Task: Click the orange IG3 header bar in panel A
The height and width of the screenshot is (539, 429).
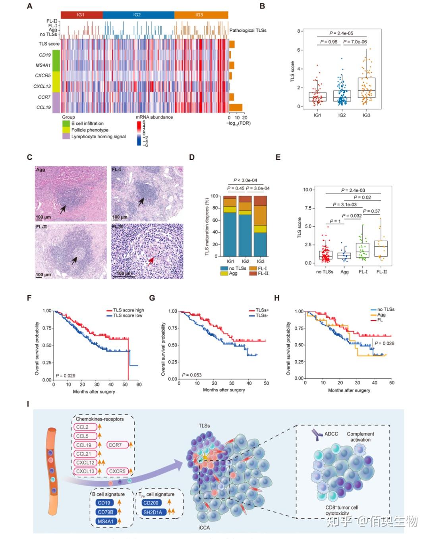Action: [x=201, y=15]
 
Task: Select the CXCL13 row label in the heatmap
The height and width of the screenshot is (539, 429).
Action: [x=42, y=86]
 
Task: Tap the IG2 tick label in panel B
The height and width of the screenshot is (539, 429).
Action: [x=342, y=115]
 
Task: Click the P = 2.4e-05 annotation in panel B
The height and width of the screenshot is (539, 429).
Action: [x=341, y=33]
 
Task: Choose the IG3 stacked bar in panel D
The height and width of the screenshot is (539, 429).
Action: [x=260, y=226]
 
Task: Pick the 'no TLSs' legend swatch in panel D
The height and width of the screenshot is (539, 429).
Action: [x=224, y=269]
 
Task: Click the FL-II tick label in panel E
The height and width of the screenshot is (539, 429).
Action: [x=382, y=272]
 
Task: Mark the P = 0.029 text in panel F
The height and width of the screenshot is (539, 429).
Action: [x=65, y=375]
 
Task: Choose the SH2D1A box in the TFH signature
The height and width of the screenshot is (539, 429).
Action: [x=153, y=512]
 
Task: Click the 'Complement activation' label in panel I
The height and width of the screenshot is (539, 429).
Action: [x=360, y=437]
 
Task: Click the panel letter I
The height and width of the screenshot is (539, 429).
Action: [x=28, y=404]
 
